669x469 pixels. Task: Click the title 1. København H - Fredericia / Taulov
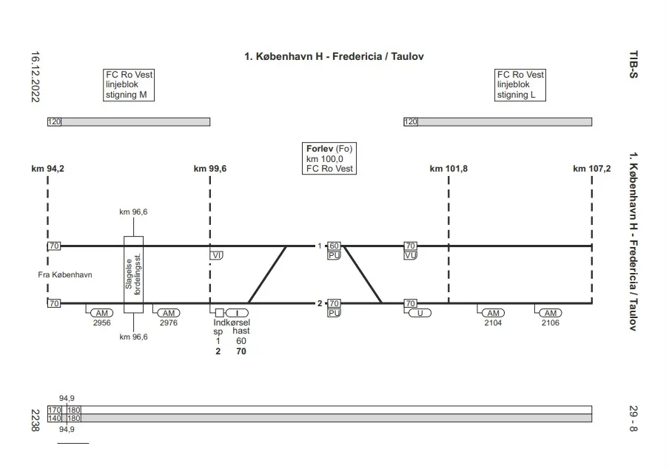pyautogui.click(x=334, y=56)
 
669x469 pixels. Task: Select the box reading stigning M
pyautogui.click(x=129, y=85)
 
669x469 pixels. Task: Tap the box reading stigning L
pyautogui.click(x=520, y=85)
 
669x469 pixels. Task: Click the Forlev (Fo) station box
pyautogui.click(x=329, y=158)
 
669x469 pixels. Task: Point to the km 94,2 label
pyautogui.click(x=48, y=169)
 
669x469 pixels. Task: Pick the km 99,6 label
pyautogui.click(x=210, y=169)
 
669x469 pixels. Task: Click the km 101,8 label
pyautogui.click(x=448, y=169)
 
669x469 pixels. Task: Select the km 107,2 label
pyautogui.click(x=591, y=169)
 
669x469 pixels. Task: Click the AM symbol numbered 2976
pyautogui.click(x=169, y=313)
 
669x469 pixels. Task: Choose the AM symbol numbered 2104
pyautogui.click(x=492, y=313)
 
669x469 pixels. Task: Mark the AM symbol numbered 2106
pyautogui.click(x=550, y=313)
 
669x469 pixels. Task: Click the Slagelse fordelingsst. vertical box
pyautogui.click(x=134, y=275)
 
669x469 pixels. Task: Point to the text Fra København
pyautogui.click(x=64, y=275)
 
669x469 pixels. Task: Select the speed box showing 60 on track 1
pyautogui.click(x=334, y=246)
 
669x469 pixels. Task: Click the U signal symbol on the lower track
pyautogui.click(x=420, y=313)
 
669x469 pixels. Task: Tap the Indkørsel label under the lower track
pyautogui.click(x=232, y=323)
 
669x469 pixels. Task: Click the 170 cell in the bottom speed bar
pyautogui.click(x=55, y=410)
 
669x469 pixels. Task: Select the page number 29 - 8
pyautogui.click(x=632, y=416)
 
